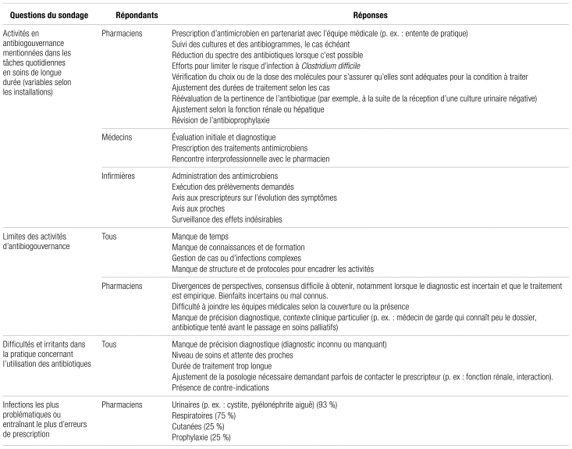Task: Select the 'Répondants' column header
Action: [125, 15]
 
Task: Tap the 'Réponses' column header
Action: [364, 15]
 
